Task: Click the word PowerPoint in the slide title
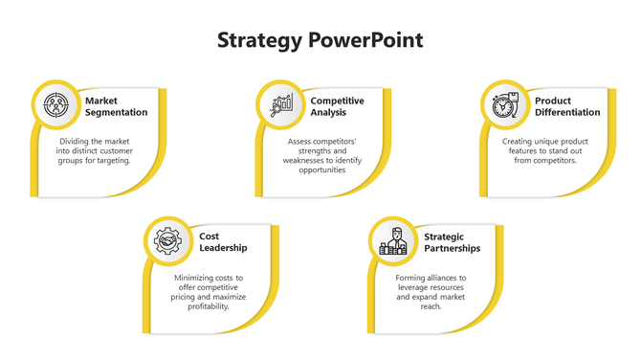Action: pyautogui.click(x=365, y=41)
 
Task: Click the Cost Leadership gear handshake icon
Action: pyautogui.click(x=167, y=241)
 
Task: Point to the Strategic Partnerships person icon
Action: pyautogui.click(x=393, y=241)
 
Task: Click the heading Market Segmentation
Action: pyautogui.click(x=116, y=106)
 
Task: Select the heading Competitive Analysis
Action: pyautogui.click(x=337, y=106)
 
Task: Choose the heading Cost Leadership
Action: pyautogui.click(x=223, y=241)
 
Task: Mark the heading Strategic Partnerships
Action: pyautogui.click(x=452, y=241)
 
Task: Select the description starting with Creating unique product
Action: pyautogui.click(x=545, y=150)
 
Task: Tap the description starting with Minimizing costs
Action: pyautogui.click(x=210, y=292)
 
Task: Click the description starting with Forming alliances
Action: pyautogui.click(x=431, y=292)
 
